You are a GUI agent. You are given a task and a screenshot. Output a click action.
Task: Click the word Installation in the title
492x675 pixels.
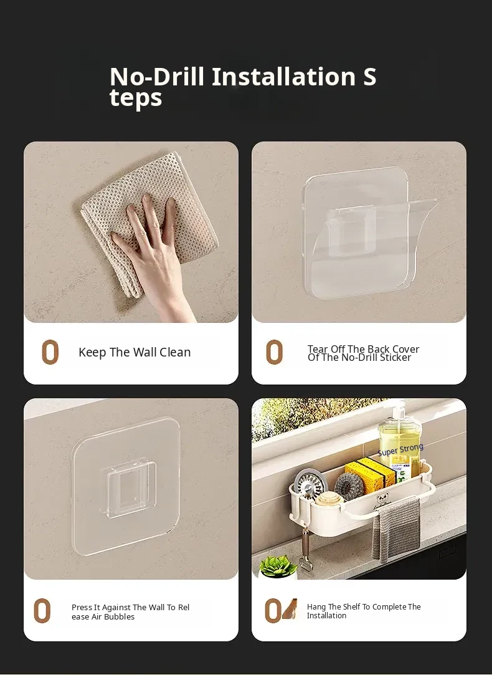pyautogui.click(x=283, y=76)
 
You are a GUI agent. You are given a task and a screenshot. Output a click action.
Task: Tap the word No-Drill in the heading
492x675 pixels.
pyautogui.click(x=156, y=76)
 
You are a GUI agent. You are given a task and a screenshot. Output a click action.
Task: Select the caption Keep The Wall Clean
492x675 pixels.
pyautogui.click(x=135, y=352)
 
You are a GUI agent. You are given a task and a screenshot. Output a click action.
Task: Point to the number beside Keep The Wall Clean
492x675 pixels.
pyautogui.click(x=50, y=352)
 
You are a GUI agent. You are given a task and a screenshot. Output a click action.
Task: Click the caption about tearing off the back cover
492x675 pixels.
pyautogui.click(x=364, y=353)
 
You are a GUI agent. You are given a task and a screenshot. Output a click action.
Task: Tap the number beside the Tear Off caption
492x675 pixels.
pyautogui.click(x=275, y=352)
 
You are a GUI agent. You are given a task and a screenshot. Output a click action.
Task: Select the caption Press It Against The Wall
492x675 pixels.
pyautogui.click(x=130, y=611)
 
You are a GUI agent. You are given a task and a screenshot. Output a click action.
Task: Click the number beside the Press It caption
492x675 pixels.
pyautogui.click(x=42, y=611)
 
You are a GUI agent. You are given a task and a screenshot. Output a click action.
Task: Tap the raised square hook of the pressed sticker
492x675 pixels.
pyautogui.click(x=128, y=489)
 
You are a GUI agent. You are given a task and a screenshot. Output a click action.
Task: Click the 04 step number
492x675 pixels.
pyautogui.click(x=281, y=610)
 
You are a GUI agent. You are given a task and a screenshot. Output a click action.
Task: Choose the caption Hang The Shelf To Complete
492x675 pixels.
pyautogui.click(x=364, y=611)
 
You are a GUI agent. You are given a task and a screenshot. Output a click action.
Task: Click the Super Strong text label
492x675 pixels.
pyautogui.click(x=400, y=449)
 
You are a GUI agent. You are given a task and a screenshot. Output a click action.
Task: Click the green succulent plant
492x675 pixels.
pyautogui.click(x=278, y=566)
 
